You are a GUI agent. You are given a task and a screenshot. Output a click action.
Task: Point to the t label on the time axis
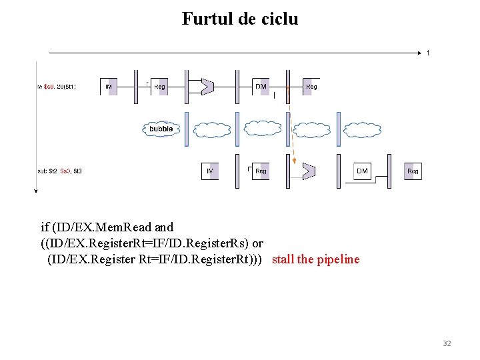(428, 53)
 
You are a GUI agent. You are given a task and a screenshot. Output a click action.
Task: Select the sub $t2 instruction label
(59, 171)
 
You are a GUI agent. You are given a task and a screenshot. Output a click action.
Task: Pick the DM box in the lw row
(261, 87)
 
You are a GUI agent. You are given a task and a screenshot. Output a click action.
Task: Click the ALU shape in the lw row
(207, 87)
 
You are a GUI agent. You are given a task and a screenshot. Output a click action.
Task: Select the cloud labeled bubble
(161, 129)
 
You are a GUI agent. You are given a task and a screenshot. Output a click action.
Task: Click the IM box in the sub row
(210, 171)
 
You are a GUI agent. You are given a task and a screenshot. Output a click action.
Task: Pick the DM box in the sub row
(362, 171)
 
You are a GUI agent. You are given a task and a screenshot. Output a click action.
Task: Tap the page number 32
(447, 343)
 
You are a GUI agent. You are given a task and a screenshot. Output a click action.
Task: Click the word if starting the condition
(45, 227)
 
